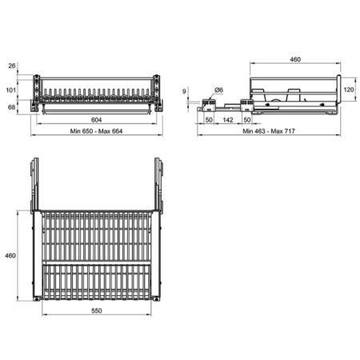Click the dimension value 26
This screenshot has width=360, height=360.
click(12, 66)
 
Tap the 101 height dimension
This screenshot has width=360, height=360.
click(11, 90)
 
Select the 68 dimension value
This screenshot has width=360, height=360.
click(11, 107)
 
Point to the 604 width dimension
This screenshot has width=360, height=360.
click(96, 120)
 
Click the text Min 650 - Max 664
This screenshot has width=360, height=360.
click(96, 131)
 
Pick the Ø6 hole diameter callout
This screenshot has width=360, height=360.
click(218, 90)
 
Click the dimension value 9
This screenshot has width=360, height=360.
click(184, 91)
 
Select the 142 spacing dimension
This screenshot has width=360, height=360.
click(228, 120)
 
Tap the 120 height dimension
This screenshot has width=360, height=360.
click(349, 90)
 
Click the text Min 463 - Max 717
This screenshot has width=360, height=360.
click(269, 131)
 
